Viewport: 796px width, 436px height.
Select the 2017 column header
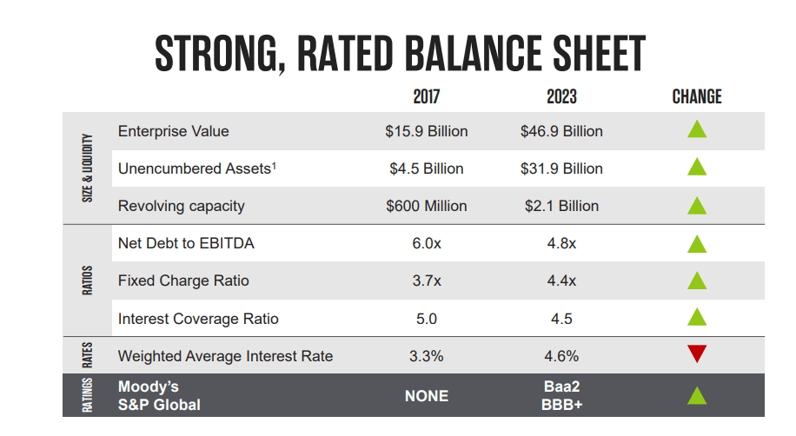point(426,96)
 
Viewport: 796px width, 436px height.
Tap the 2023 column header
point(561,96)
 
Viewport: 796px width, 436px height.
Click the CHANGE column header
point(697,96)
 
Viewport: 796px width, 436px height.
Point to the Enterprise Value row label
point(173,131)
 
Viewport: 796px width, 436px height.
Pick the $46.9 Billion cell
point(561,131)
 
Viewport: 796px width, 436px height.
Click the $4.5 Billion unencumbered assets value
point(426,168)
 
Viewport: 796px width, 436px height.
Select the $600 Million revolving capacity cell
point(426,206)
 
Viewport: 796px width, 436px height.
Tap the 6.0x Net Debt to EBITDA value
point(426,244)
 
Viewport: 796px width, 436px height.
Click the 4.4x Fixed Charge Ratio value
point(561,281)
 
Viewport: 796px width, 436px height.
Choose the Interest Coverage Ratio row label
point(198,319)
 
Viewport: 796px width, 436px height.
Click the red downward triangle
point(697,354)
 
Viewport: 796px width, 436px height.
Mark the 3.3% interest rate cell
point(426,356)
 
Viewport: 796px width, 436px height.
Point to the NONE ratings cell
point(426,396)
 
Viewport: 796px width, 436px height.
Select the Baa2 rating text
point(561,386)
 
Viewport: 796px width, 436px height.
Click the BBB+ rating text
point(561,405)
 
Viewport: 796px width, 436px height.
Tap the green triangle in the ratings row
point(697,396)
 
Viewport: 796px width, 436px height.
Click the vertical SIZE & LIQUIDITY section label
point(87,168)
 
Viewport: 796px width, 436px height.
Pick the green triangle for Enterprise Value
point(697,130)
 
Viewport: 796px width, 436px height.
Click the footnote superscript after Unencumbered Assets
point(275,164)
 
